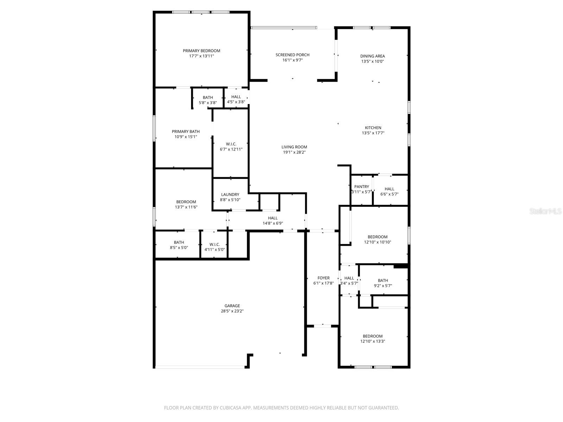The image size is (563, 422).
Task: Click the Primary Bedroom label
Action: (x=201, y=51)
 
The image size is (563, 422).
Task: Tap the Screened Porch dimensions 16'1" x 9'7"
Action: (x=292, y=60)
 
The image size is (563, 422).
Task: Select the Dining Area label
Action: (x=372, y=56)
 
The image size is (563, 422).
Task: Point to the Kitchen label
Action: (x=373, y=128)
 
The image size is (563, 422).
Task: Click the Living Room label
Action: (x=294, y=147)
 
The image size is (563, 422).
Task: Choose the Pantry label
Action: (x=361, y=187)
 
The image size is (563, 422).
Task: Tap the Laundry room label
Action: (x=230, y=194)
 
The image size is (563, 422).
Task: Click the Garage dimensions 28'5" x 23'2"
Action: (x=232, y=311)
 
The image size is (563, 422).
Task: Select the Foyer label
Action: (x=323, y=278)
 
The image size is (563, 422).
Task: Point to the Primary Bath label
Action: (x=185, y=132)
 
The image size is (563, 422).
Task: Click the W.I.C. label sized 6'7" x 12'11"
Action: (x=231, y=144)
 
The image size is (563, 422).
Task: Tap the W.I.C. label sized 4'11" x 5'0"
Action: (x=214, y=244)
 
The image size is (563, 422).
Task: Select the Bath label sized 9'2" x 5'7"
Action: (x=383, y=280)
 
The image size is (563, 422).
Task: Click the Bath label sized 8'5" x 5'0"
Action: (x=179, y=242)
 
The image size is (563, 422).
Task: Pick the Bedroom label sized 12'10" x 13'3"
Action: (x=373, y=336)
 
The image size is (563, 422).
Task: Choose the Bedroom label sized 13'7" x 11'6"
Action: (x=186, y=202)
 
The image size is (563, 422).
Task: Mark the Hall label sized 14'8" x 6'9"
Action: (x=272, y=218)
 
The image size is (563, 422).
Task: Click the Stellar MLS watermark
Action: (x=545, y=211)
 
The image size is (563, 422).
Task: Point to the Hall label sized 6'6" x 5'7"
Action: (x=389, y=189)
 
